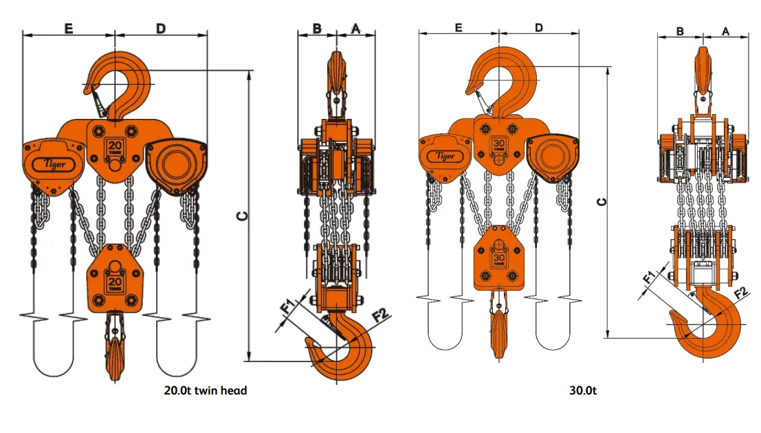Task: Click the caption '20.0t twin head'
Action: click(x=205, y=390)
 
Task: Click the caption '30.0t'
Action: click(x=583, y=390)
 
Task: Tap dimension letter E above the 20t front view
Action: click(x=69, y=28)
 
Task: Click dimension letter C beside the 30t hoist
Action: click(x=602, y=201)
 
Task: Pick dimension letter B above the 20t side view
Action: click(x=317, y=28)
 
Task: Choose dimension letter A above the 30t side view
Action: click(x=726, y=31)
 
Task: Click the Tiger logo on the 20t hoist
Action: click(x=55, y=164)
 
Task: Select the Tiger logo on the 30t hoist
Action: click(x=445, y=156)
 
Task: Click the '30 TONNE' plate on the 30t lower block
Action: click(x=500, y=259)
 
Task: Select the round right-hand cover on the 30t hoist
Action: click(x=553, y=157)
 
